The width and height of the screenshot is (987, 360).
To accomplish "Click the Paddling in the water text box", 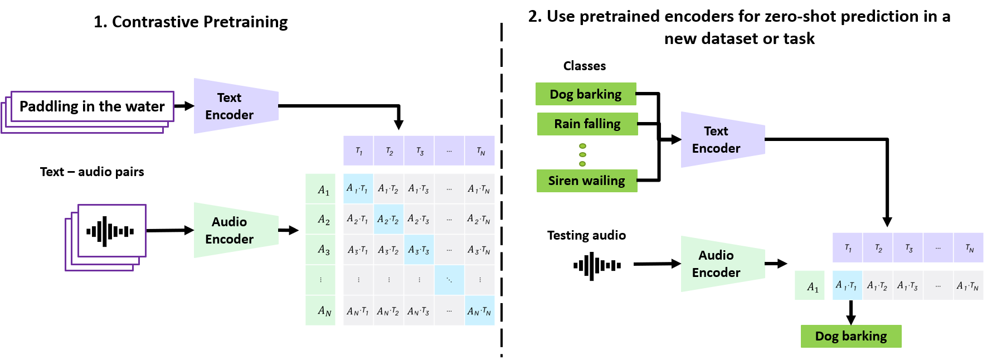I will (92, 106).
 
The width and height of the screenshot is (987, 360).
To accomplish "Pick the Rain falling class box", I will (587, 124).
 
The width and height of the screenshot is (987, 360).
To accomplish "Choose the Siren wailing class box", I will (586, 181).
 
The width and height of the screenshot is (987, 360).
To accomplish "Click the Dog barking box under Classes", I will (585, 94).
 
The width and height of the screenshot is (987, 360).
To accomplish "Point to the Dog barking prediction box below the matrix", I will (850, 336).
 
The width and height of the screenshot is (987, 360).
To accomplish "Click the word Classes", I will (584, 66).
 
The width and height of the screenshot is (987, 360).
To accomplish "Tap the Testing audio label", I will (586, 235).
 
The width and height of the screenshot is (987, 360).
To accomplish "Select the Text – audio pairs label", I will (92, 172).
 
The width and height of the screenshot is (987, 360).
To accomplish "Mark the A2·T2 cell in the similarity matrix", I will (388, 219).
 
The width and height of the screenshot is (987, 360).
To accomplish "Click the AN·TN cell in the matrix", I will (479, 310).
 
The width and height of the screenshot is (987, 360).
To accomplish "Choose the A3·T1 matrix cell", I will (358, 250).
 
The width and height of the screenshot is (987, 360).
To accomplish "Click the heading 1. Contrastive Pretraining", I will (191, 22).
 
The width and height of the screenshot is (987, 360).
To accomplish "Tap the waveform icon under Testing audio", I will (597, 266).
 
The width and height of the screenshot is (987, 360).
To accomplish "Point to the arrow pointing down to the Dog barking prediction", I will (850, 313).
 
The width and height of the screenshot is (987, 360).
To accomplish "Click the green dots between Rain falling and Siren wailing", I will (582, 155).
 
